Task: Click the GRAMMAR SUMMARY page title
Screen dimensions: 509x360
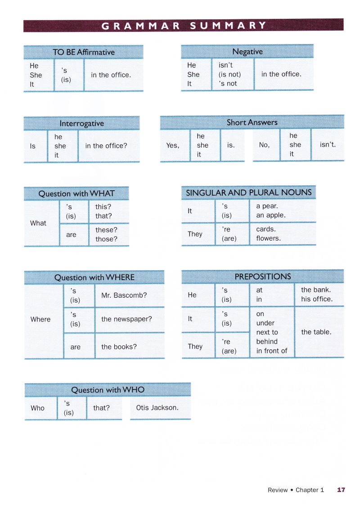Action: click(x=184, y=25)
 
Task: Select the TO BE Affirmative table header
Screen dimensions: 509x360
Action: click(x=84, y=52)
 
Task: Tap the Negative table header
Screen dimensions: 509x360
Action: click(x=247, y=52)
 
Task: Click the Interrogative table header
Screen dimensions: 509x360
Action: click(x=81, y=123)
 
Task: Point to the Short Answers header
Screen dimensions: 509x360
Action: click(x=252, y=122)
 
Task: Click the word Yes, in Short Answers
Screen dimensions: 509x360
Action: click(x=172, y=145)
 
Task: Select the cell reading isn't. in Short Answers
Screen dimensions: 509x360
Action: click(x=328, y=145)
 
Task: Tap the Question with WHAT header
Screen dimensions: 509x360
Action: click(x=76, y=194)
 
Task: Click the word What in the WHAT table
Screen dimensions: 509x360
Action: click(x=38, y=223)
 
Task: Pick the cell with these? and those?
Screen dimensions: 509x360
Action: click(x=106, y=235)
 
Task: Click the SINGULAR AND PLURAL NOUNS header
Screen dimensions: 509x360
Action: click(x=249, y=192)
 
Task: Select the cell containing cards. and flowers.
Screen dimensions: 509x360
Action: click(x=269, y=234)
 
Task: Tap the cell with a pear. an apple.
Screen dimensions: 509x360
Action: click(x=270, y=211)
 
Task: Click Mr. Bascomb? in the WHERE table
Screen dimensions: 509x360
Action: click(x=124, y=295)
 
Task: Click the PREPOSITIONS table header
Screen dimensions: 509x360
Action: click(x=263, y=277)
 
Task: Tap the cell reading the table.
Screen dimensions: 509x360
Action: click(x=316, y=332)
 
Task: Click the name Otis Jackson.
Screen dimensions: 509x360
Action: click(x=157, y=408)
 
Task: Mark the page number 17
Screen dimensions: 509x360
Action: click(x=341, y=490)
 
